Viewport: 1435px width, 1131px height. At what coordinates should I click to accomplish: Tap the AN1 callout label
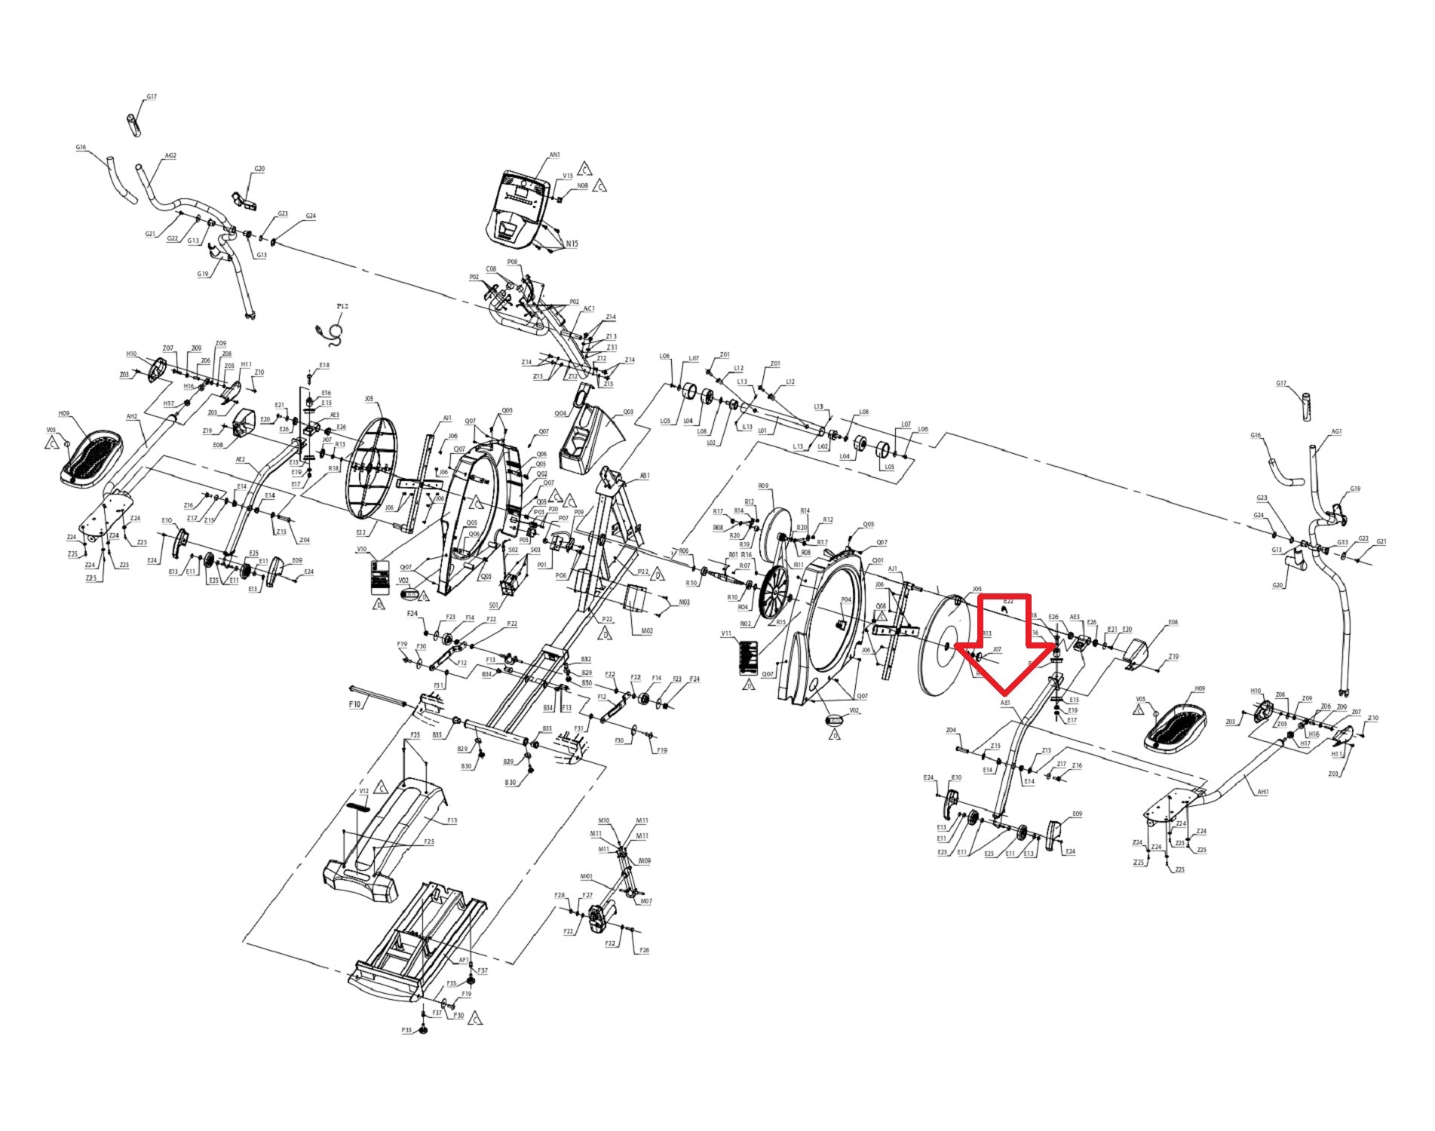tap(554, 155)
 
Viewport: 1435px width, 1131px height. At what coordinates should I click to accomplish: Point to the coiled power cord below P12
tap(333, 333)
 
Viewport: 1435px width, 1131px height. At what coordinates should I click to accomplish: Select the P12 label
tap(342, 306)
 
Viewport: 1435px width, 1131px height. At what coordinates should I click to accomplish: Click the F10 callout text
tap(355, 703)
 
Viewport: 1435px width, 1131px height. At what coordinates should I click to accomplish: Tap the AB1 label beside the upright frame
tap(645, 476)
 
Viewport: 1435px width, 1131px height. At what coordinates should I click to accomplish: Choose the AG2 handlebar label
tap(170, 156)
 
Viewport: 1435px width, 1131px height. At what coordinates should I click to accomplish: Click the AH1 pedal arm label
tap(1263, 792)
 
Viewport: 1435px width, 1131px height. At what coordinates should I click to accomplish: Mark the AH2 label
tap(132, 416)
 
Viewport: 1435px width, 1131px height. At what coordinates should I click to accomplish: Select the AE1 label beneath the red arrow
tap(1004, 703)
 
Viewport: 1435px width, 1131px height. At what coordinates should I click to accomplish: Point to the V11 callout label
tap(726, 634)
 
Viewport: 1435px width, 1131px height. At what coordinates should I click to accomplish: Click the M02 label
tap(646, 630)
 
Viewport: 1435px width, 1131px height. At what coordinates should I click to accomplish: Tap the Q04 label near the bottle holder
tap(560, 414)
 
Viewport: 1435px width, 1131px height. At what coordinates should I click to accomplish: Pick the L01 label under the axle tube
tap(762, 431)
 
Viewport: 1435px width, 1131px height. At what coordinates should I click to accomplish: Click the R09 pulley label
tap(763, 486)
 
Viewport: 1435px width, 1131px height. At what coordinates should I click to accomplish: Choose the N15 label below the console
tap(572, 244)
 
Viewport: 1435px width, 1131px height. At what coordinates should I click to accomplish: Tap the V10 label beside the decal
tap(362, 550)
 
